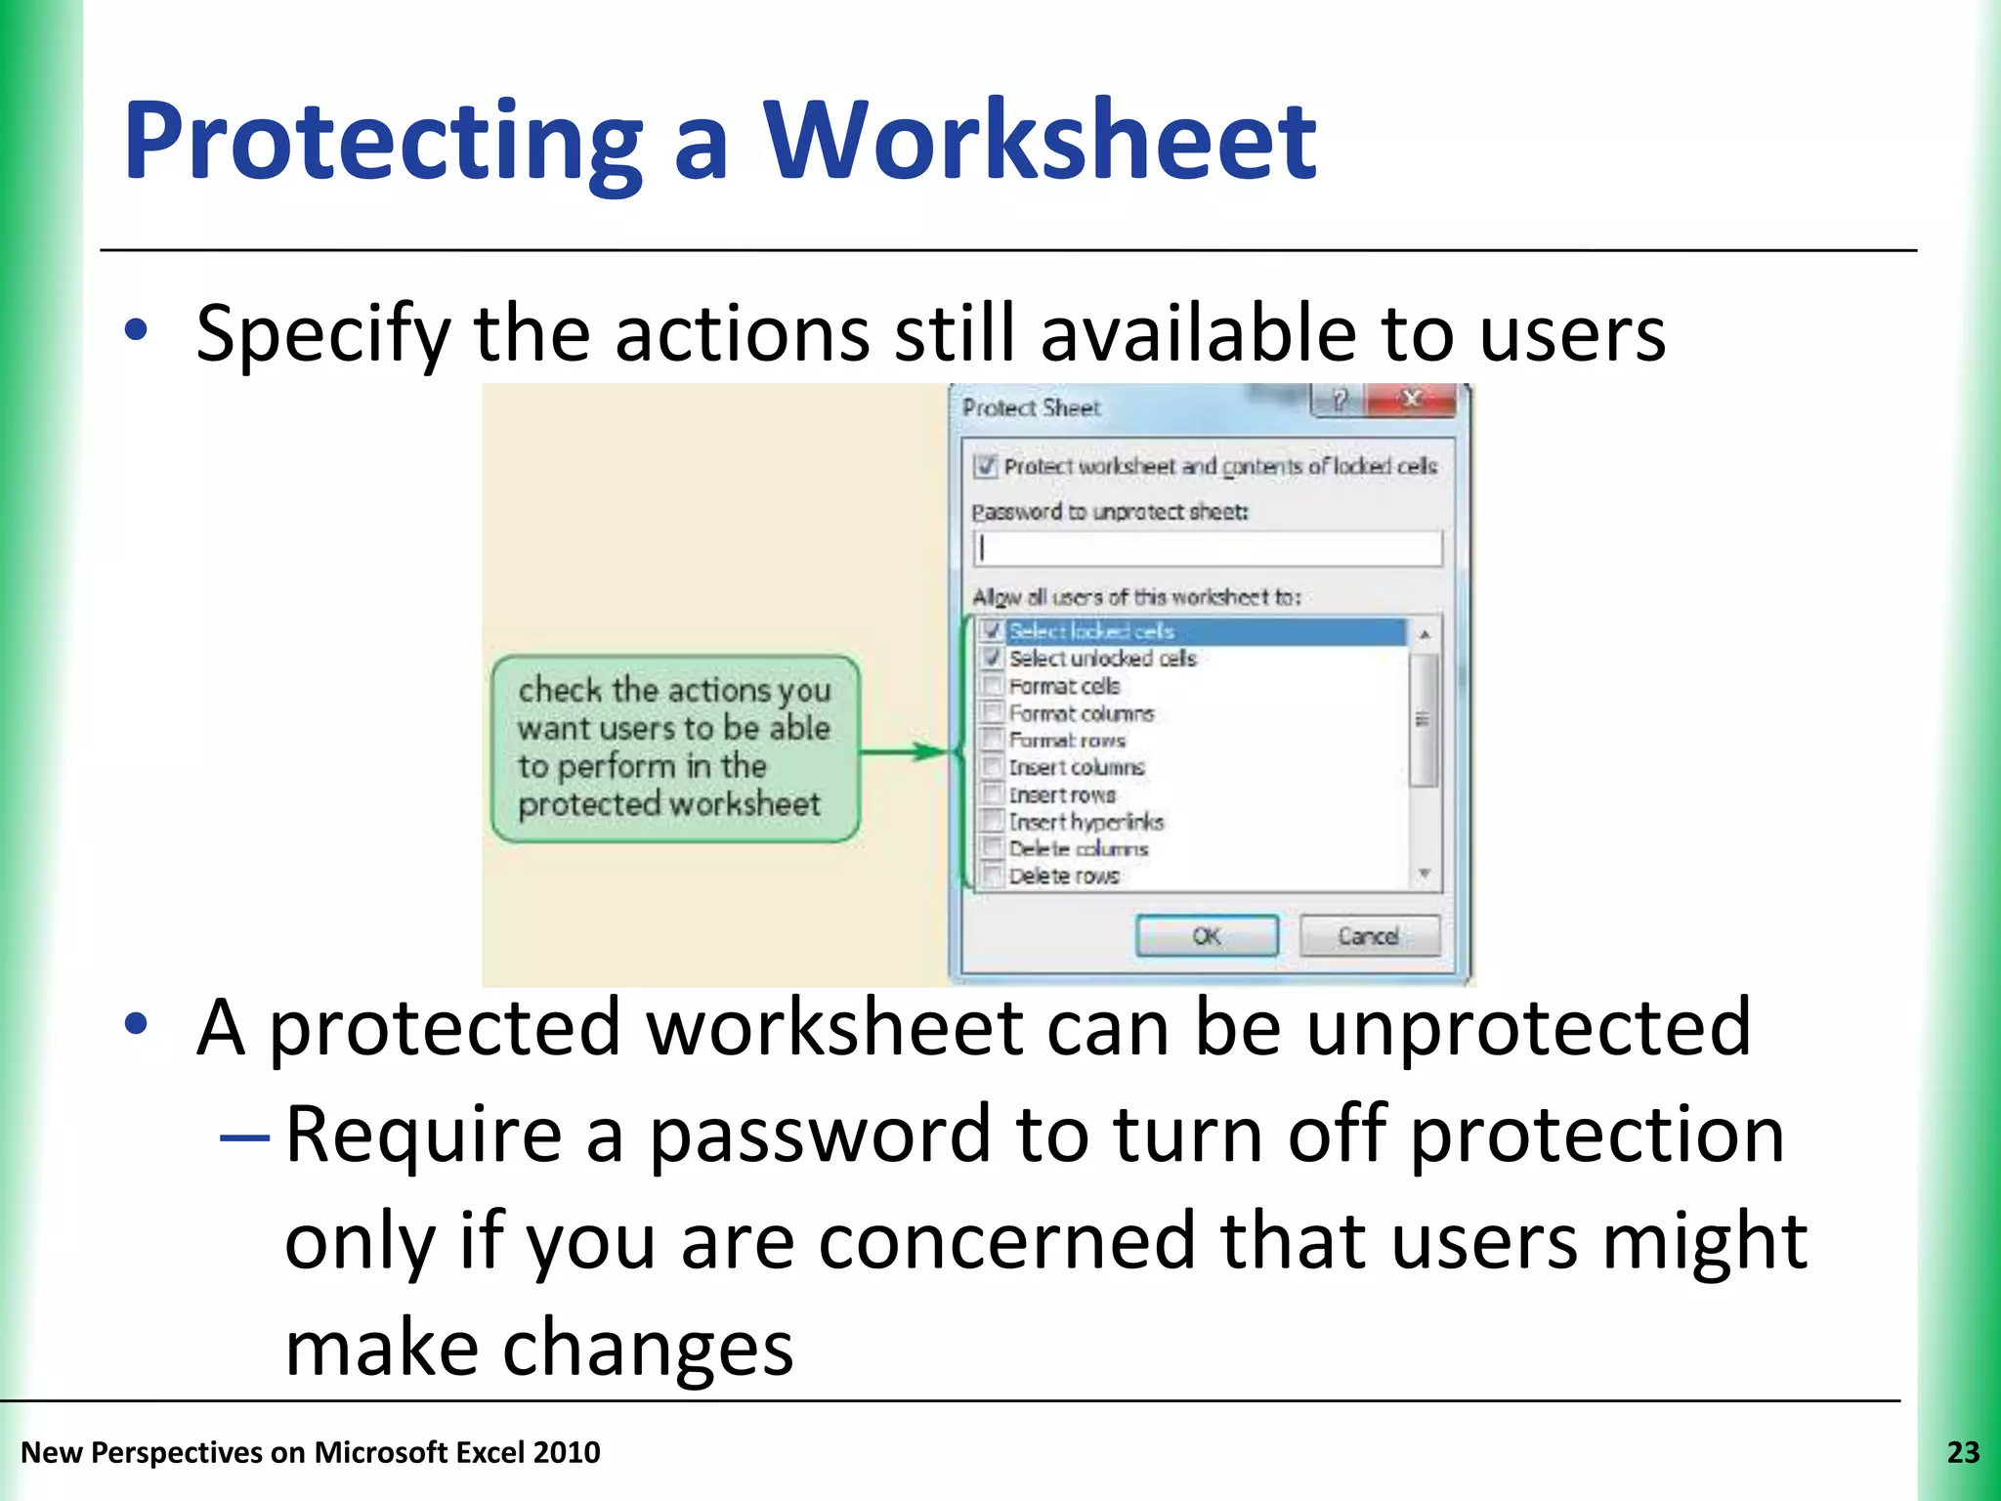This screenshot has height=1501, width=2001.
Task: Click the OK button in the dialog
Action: point(1207,936)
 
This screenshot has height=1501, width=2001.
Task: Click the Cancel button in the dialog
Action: point(1369,936)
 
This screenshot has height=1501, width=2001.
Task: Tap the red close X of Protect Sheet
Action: point(1412,400)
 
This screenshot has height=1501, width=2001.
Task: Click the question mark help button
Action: point(1340,400)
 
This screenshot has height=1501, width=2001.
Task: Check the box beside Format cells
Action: point(993,685)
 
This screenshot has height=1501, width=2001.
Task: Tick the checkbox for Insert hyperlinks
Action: point(993,821)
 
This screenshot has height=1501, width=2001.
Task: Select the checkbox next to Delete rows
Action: point(993,876)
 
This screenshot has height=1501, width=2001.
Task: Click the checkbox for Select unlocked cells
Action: point(993,658)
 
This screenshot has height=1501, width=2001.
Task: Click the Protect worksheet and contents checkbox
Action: point(985,466)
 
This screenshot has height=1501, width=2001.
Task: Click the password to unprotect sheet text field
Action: point(1208,548)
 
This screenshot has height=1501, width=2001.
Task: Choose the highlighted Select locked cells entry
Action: point(1091,631)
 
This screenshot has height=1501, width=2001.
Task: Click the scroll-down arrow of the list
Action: point(1425,874)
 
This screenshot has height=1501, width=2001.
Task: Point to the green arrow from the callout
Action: point(904,751)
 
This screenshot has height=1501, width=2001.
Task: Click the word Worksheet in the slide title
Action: point(1040,141)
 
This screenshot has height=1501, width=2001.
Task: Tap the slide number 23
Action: point(1963,1453)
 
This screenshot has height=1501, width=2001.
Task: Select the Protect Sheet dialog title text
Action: point(1031,407)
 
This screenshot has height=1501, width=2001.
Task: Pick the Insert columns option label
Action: point(1076,767)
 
